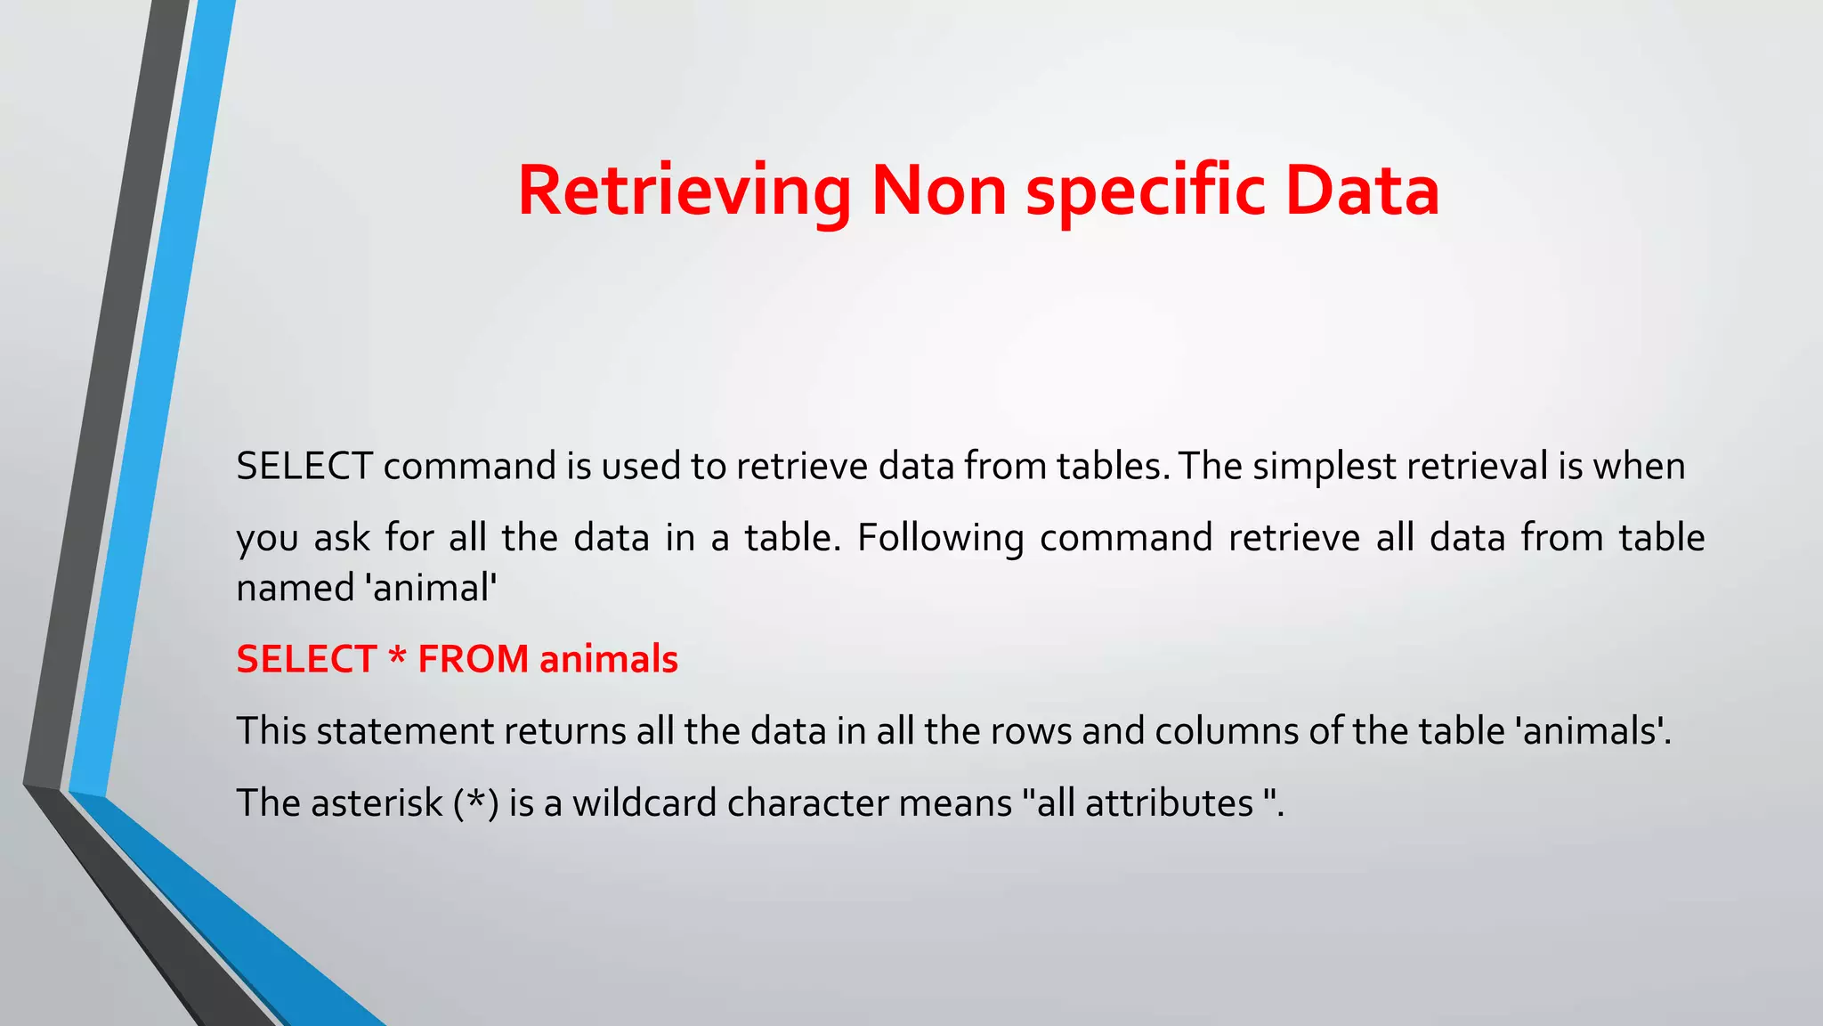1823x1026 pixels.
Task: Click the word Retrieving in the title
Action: (x=684, y=191)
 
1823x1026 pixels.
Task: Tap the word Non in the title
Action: (x=938, y=191)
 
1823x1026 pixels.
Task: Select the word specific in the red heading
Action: (x=1146, y=191)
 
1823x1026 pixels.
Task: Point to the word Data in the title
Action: (x=1362, y=191)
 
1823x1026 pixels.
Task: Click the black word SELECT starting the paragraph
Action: (x=304, y=467)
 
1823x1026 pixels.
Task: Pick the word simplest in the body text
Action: (x=1325, y=467)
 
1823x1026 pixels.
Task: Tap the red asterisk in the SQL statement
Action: (x=397, y=658)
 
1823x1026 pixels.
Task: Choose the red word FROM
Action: (x=474, y=660)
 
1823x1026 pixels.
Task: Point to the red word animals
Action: (x=609, y=660)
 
